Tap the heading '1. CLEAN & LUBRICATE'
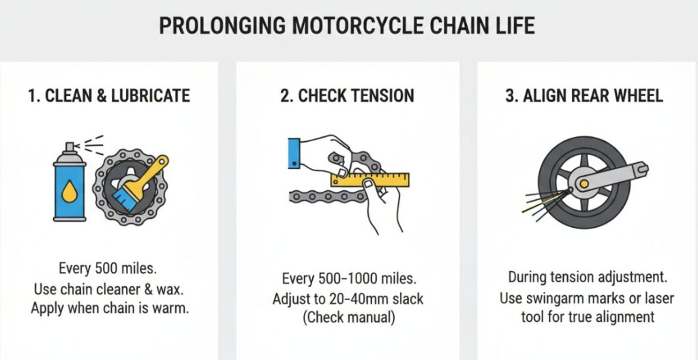[x=109, y=95]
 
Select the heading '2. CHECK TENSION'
[x=347, y=95]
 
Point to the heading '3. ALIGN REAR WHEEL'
[x=583, y=95]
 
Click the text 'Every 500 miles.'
[x=108, y=269]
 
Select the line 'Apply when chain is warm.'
[x=109, y=307]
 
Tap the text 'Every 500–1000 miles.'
[x=348, y=280]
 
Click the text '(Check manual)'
[x=348, y=317]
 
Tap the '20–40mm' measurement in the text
[x=361, y=299]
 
